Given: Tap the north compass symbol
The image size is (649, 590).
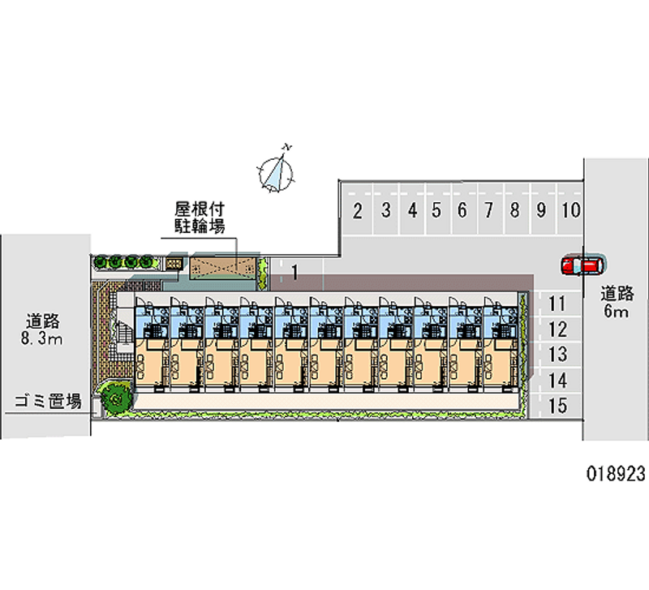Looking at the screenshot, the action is [x=276, y=172].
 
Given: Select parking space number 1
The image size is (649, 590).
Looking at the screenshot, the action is [x=294, y=273].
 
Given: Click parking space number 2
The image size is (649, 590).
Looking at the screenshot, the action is [x=358, y=210].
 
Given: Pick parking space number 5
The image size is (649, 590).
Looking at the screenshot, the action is [x=436, y=210].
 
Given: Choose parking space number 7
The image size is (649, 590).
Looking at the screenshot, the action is [x=489, y=210].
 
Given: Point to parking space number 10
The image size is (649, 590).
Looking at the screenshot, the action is [x=571, y=210].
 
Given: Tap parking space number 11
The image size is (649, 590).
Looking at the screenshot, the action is [x=557, y=304].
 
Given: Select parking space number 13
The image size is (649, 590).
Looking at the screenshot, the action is [x=557, y=355].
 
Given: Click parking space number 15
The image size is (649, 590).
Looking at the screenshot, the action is [x=557, y=406].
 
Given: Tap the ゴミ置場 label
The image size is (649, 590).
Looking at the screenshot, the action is [x=48, y=402].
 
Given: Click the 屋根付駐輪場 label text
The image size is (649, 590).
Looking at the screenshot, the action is [x=200, y=217].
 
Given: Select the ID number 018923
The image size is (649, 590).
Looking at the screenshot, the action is [x=616, y=474].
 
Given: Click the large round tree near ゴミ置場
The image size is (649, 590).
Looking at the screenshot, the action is [x=115, y=398].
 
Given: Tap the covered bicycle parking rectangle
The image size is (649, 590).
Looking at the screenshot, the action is [x=223, y=268].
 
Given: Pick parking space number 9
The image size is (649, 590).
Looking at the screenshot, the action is [x=541, y=210].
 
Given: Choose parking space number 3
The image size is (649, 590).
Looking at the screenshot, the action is [x=386, y=210].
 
